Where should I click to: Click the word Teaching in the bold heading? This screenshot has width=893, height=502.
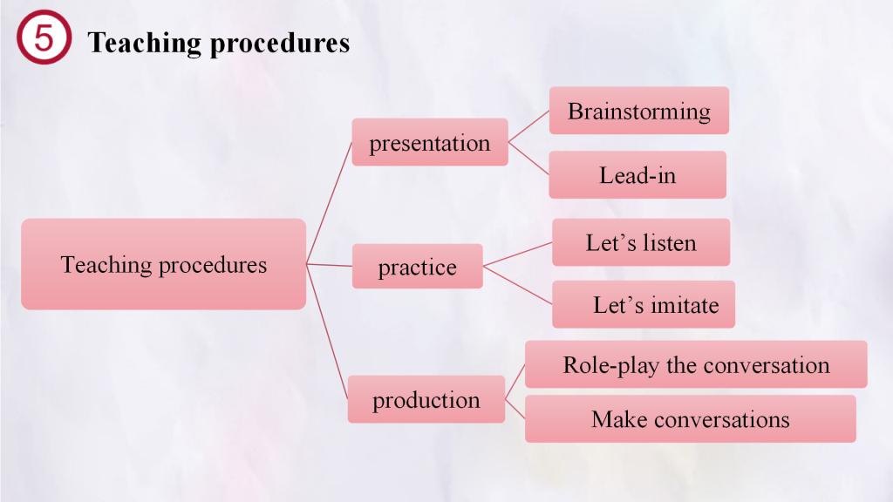point(144,43)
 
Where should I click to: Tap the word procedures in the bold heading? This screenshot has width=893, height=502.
point(280,44)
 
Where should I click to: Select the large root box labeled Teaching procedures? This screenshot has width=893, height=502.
point(163,264)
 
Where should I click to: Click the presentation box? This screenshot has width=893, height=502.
point(430,142)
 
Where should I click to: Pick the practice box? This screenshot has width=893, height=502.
point(418,267)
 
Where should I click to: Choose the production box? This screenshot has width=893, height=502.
point(426,399)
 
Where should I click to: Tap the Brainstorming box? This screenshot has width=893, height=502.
point(639,111)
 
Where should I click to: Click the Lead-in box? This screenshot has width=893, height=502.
point(637,174)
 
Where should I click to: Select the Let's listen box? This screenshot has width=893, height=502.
point(641,242)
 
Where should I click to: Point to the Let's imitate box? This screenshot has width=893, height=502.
point(644,304)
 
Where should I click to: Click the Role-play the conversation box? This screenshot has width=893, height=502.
point(696,364)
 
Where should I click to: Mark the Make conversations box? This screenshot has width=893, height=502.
point(691,419)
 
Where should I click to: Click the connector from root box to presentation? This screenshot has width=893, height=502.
point(329,203)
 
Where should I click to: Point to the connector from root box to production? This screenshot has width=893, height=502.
point(327,332)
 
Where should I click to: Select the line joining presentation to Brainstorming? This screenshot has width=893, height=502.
point(528,126)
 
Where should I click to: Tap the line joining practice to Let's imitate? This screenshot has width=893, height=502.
point(518,285)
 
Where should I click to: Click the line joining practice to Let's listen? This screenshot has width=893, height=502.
point(518,254)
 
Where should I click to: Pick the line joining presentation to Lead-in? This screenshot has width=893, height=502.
point(528,159)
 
